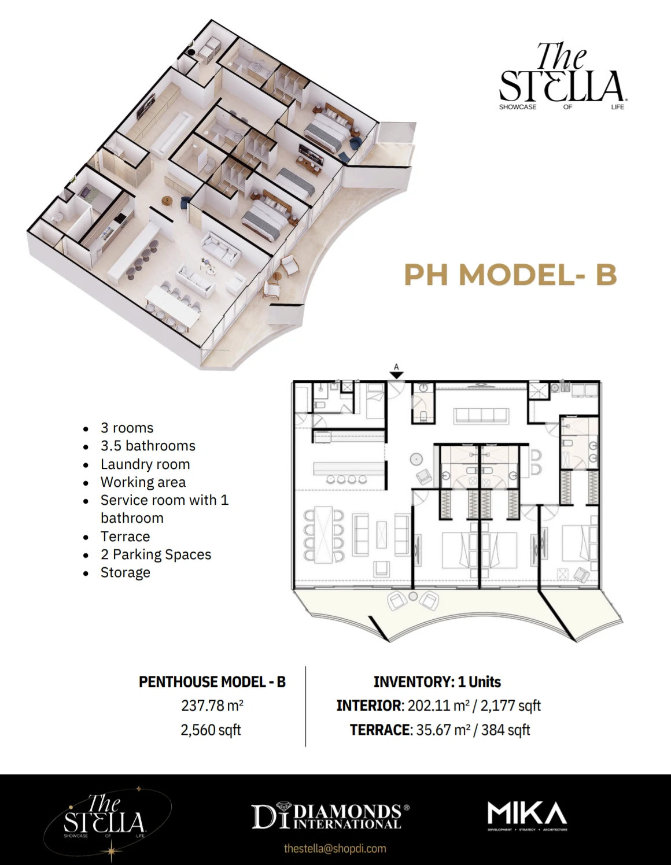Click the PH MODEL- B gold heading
pyautogui.click(x=510, y=275)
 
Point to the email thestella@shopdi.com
pyautogui.click(x=335, y=848)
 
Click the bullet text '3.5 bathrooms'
pyautogui.click(x=148, y=446)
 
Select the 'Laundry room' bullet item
pyautogui.click(x=145, y=464)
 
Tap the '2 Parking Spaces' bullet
pyautogui.click(x=156, y=555)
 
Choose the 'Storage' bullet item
pyautogui.click(x=125, y=572)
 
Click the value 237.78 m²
pyautogui.click(x=212, y=705)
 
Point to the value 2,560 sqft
pyautogui.click(x=211, y=730)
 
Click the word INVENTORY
pyautogui.click(x=413, y=682)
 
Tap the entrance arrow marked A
pyautogui.click(x=396, y=373)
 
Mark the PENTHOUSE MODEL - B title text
pyautogui.click(x=212, y=682)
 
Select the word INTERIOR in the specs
pyautogui.click(x=368, y=705)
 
